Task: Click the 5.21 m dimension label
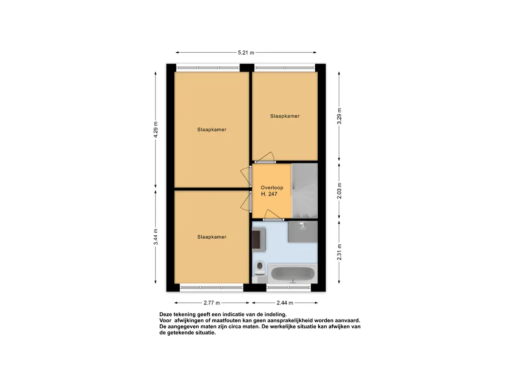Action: point(246,52)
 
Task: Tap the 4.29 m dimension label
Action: point(156,130)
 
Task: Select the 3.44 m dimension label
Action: point(156,237)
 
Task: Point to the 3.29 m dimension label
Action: point(339,116)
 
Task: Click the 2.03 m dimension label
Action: point(339,190)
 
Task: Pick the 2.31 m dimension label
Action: point(339,252)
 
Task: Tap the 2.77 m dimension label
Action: point(212,303)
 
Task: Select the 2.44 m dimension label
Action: point(285,303)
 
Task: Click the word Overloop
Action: point(272,188)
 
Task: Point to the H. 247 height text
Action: point(269,194)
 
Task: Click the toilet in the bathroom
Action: point(260,268)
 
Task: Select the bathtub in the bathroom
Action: point(293,274)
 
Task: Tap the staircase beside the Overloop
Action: point(305,190)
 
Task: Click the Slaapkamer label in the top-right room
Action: point(285,116)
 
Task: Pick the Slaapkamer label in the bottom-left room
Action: point(212,237)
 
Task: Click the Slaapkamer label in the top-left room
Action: point(212,130)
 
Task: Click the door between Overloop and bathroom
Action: point(274,216)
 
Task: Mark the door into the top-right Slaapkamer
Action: point(265,157)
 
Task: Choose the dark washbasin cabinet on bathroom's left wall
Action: point(259,239)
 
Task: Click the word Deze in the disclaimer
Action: point(165,315)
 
